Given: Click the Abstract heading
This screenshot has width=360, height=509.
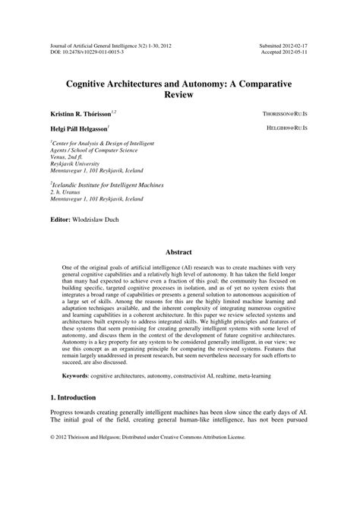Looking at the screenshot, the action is click(x=179, y=251).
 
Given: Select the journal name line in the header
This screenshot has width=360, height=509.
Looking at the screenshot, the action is click(x=109, y=46).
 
